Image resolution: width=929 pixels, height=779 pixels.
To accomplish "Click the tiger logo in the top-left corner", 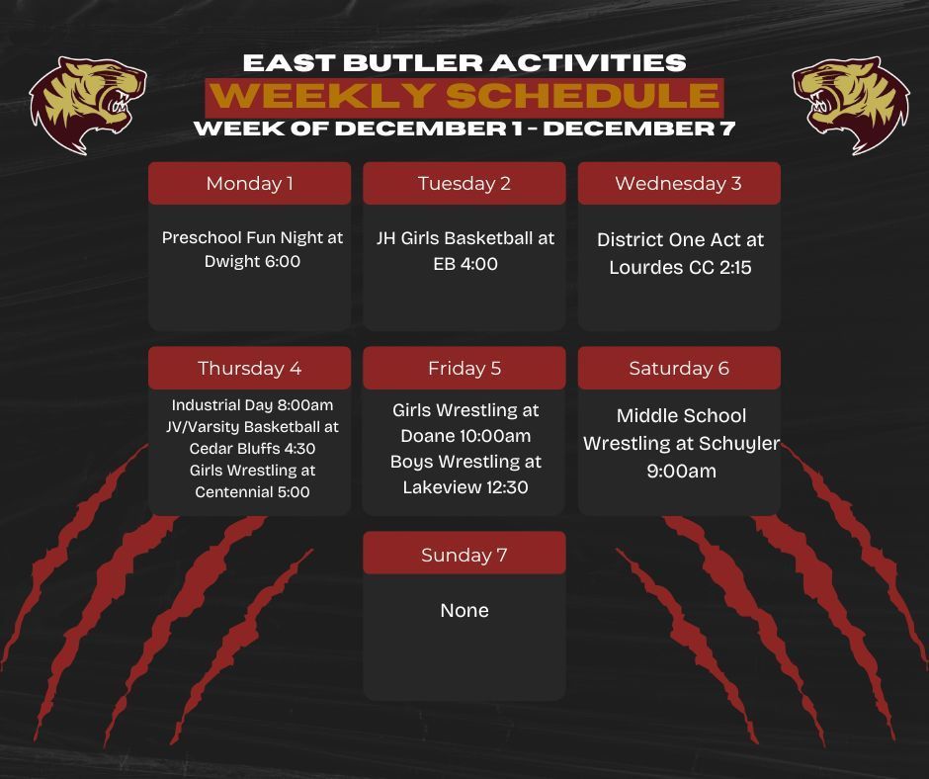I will pos(88,104).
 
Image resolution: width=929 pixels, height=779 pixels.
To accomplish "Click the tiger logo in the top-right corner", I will pos(851,104).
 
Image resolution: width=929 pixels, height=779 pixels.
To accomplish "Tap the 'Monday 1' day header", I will pos(249,184).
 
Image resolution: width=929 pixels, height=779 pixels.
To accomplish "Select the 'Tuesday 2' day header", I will pos(464,184).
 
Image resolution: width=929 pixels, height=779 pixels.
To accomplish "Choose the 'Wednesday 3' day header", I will pos(678,184).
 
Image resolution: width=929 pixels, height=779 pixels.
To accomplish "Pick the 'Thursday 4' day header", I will pos(249,369).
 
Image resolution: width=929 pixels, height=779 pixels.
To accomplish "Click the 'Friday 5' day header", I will pos(464,369).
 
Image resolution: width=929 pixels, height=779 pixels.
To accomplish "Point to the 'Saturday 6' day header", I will pos(679,369).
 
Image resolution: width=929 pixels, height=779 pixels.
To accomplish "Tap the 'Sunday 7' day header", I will pos(464,555).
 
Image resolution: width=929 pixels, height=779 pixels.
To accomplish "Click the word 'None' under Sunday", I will pos(464,611).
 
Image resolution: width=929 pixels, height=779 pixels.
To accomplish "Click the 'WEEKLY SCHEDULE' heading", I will pos(464,97).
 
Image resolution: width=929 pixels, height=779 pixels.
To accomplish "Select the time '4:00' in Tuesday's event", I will pos(479,264).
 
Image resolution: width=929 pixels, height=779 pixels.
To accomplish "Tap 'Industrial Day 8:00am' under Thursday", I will pos(253,405).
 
